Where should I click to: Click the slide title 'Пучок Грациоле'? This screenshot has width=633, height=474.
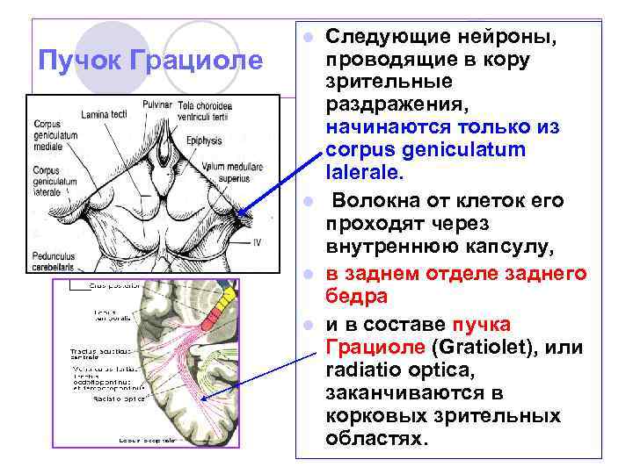(151, 61)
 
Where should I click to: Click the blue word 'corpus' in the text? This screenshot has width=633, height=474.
(358, 149)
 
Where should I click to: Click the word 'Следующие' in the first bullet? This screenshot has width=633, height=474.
(382, 38)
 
